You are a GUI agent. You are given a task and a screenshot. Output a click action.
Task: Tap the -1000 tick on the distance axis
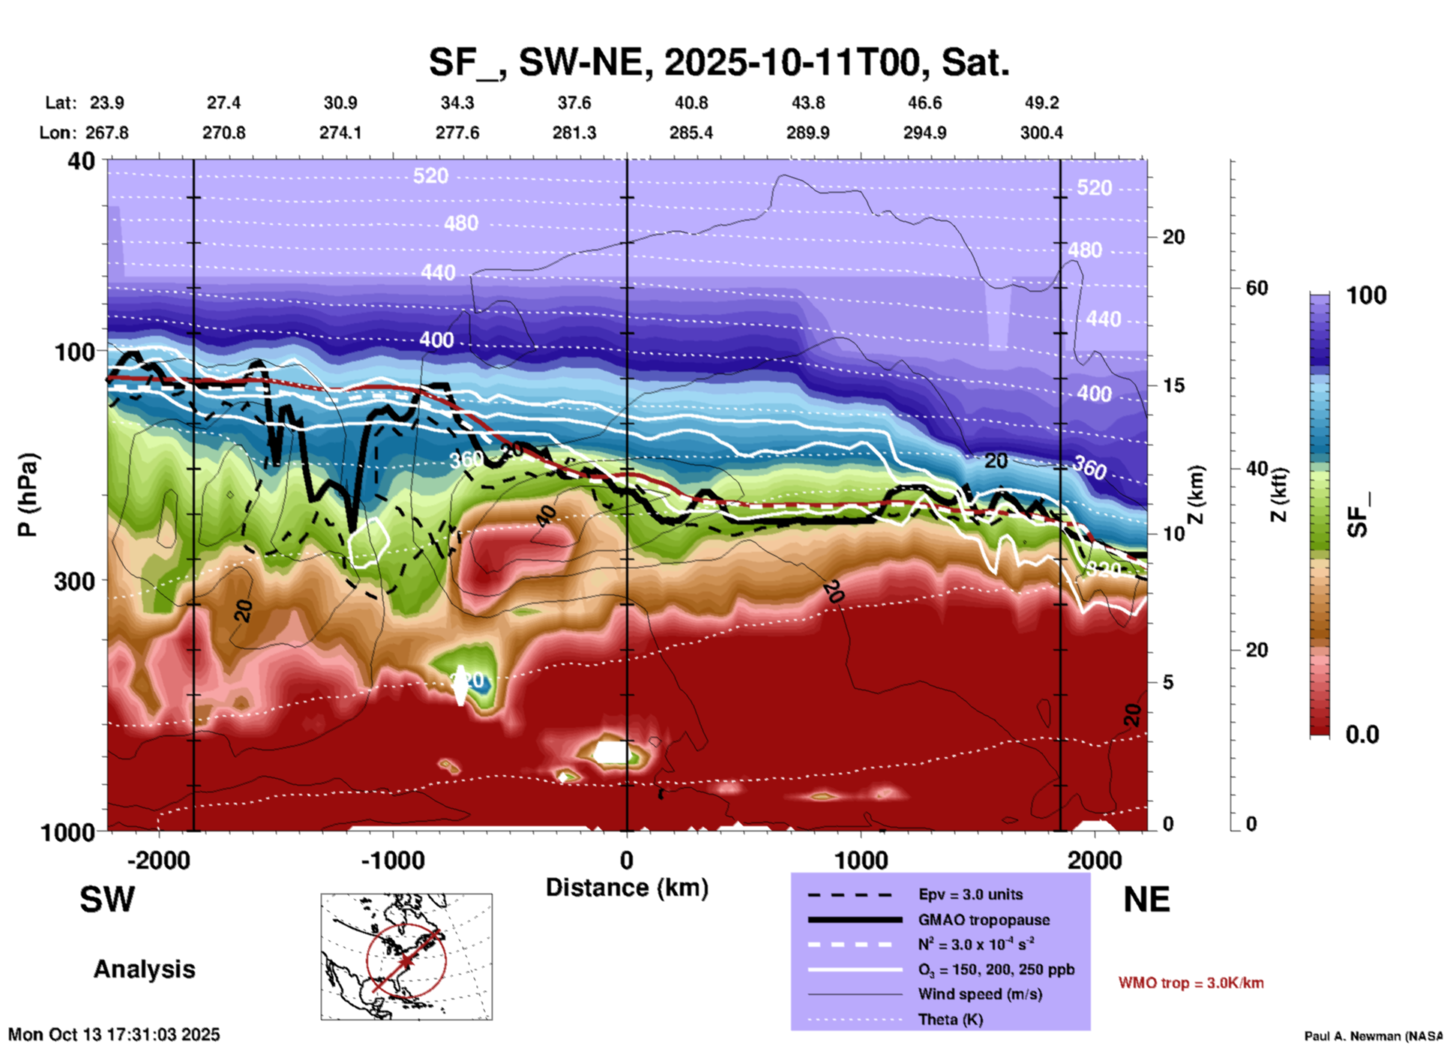[x=393, y=861]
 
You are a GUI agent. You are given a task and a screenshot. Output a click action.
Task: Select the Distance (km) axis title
[x=627, y=888]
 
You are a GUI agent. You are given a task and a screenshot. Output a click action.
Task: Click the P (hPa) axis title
[x=28, y=495]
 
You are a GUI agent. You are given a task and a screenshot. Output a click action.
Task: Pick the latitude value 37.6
[x=574, y=103]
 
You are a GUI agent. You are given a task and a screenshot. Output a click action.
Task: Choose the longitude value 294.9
[x=924, y=133]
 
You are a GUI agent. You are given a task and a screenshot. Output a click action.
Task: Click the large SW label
[x=107, y=900]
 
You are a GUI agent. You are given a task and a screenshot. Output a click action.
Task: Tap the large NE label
[x=1146, y=900]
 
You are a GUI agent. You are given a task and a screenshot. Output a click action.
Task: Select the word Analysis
[x=144, y=969]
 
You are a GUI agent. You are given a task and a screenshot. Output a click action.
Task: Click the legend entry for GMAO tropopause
[x=984, y=920]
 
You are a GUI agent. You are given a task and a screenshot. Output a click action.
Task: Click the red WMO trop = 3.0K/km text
[x=1191, y=983]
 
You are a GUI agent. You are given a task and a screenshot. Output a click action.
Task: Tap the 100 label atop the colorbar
[x=1366, y=295]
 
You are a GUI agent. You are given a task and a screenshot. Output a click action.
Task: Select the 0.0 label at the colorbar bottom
[x=1362, y=735]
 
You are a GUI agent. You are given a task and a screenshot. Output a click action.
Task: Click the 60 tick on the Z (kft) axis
[x=1257, y=288]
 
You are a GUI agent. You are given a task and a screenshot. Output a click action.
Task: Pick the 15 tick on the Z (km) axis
[x=1173, y=385]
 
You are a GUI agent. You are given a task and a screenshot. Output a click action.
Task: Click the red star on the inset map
[x=406, y=960]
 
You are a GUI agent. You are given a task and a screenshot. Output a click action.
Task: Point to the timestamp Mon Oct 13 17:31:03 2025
[x=114, y=1035]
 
